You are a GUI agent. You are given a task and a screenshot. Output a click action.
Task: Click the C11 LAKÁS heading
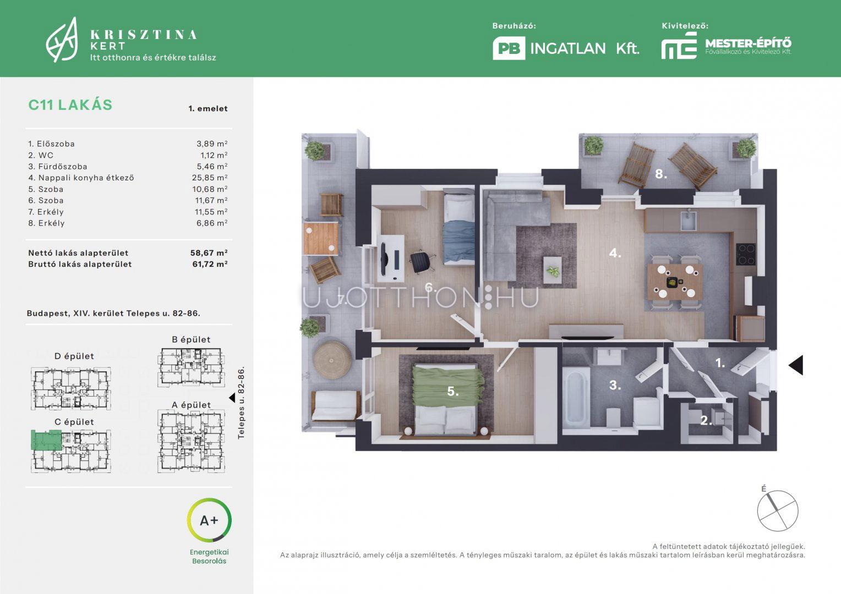[70, 105]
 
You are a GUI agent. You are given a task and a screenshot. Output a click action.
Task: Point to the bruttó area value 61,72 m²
[210, 264]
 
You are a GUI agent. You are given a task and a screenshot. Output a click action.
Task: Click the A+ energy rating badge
[209, 520]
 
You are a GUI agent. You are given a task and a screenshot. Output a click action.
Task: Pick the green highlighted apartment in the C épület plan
[46, 440]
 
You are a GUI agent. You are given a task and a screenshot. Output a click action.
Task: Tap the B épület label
[191, 339]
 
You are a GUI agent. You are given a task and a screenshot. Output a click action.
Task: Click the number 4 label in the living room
[615, 254]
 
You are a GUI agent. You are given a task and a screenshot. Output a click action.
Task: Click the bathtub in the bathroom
[576, 397]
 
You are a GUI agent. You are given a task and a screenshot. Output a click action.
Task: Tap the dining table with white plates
[675, 282]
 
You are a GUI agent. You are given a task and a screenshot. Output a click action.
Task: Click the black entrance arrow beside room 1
[796, 365]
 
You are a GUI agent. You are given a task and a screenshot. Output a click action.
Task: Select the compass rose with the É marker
[777, 510]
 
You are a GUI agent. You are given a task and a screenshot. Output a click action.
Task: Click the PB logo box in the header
[509, 48]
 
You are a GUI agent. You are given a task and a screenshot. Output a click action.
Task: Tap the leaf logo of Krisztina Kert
[62, 40]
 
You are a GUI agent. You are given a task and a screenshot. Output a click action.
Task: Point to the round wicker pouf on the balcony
[332, 360]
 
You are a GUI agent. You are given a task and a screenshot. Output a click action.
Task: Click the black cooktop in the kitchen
[746, 255]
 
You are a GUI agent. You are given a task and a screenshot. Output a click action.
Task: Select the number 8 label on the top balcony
[661, 174]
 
